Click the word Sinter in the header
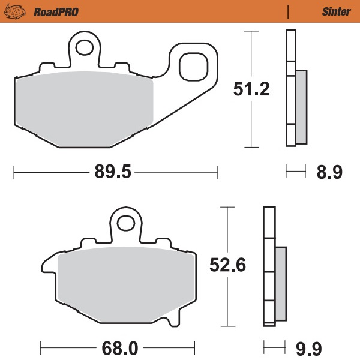tap(332, 10)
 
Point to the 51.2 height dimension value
tap(251, 91)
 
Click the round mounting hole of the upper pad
tap(83, 47)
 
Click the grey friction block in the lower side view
tap(280, 283)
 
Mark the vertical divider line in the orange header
tap(289, 10)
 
